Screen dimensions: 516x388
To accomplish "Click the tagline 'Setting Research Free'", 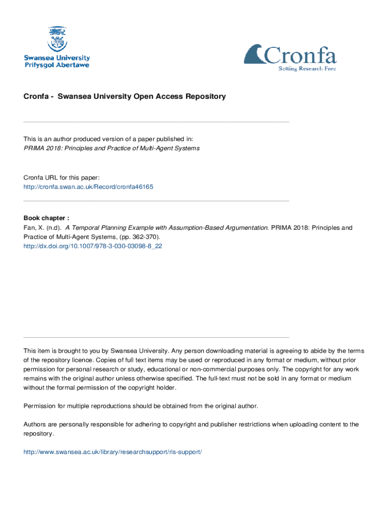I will point(307,69).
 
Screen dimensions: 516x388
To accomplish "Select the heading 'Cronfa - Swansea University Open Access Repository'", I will point(124,96).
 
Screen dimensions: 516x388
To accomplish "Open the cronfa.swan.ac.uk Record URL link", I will point(88,186).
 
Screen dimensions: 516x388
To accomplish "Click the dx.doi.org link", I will point(93,246).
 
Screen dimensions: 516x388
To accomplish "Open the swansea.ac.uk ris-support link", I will point(112,452).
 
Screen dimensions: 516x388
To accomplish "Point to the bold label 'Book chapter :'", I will point(46,218).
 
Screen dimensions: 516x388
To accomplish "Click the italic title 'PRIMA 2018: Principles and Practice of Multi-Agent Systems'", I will point(111,148).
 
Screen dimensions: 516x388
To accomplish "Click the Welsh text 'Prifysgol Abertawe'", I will point(57,65).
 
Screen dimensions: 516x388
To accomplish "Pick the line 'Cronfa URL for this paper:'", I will point(61,177).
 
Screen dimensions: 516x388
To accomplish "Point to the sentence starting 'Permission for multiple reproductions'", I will point(141,406).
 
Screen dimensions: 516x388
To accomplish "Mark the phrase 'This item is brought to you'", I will point(61,351).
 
